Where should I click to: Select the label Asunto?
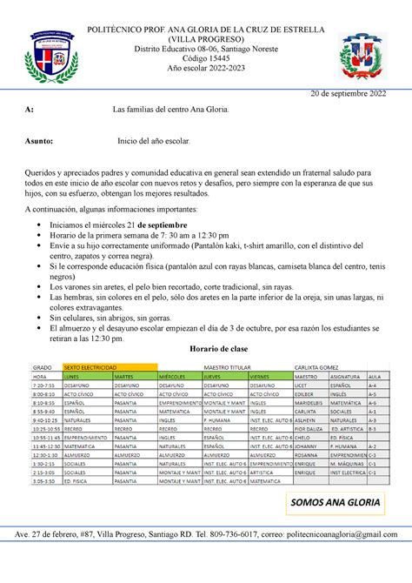pos(38,139)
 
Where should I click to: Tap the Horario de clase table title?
pos(206,346)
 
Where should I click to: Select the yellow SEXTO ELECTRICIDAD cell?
pos(96,366)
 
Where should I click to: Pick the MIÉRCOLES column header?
pos(172,376)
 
